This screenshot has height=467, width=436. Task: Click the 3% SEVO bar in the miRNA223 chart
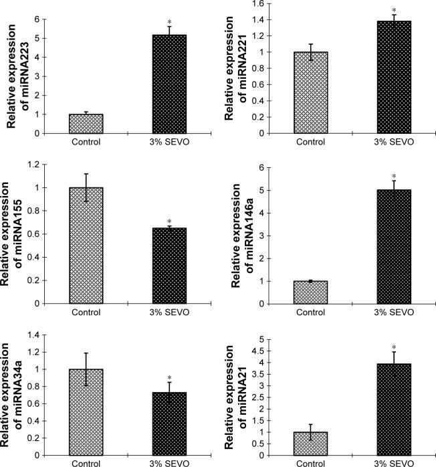click(x=170, y=84)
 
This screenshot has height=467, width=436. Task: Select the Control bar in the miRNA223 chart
click(x=86, y=124)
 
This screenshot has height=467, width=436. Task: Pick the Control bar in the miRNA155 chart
click(x=86, y=246)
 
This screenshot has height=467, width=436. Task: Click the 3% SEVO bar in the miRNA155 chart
click(x=170, y=266)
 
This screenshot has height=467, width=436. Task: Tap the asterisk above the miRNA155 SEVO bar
click(x=170, y=221)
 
